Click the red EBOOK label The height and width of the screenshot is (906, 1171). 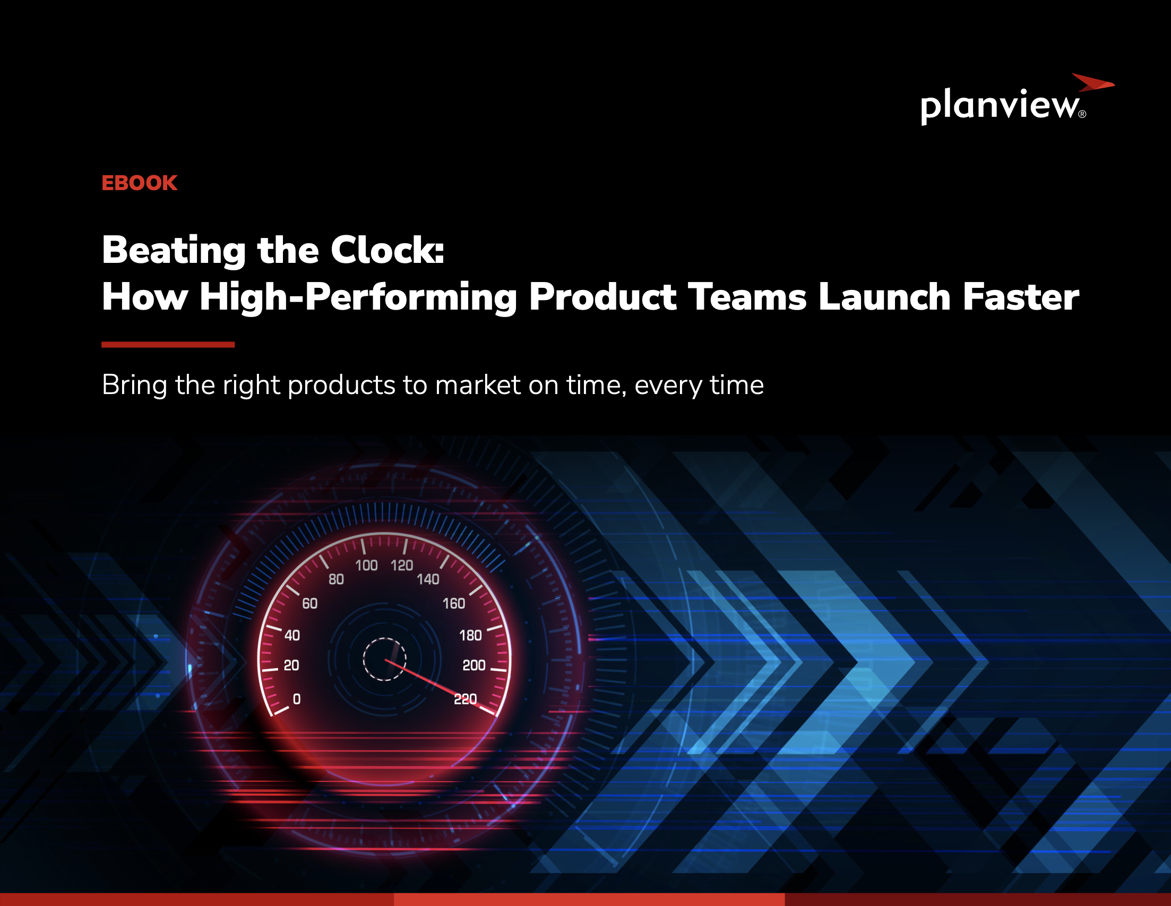point(140,183)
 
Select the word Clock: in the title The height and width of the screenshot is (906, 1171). point(387,250)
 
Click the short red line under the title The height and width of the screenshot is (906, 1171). point(168,344)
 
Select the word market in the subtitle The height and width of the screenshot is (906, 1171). point(478,385)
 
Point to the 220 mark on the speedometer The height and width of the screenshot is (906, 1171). point(465,699)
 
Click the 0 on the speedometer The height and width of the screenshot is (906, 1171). point(297,699)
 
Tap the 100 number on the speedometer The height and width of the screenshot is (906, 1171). point(366,566)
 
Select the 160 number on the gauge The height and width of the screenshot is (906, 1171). point(454,603)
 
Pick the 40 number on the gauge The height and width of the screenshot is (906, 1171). point(291,636)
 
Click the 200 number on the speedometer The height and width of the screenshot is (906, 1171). point(474,665)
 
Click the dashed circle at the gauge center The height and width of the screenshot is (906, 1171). point(384,659)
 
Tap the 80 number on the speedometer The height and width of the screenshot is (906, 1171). point(336,579)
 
